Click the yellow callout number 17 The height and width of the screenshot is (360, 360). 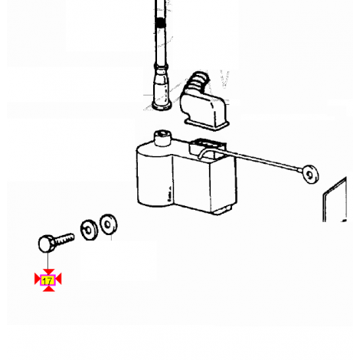point(47,281)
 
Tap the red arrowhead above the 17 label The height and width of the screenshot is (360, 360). point(48,272)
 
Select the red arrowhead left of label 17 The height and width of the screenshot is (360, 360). point(38,279)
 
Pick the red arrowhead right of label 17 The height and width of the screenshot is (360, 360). point(58,279)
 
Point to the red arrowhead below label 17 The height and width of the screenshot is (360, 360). point(48,289)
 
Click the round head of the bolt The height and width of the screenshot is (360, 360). point(46,244)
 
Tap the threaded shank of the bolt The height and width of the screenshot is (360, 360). point(64,239)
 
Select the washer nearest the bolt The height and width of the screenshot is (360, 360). point(89,230)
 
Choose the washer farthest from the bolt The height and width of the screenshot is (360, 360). point(108,224)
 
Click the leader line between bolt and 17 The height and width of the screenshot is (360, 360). point(47,260)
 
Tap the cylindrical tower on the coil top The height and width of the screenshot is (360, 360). point(162,138)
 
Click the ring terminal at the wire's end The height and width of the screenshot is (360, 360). point(309,174)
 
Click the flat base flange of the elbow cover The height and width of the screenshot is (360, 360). point(207,125)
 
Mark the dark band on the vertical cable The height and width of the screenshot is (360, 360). point(161,23)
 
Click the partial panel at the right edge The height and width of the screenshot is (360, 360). point(335,200)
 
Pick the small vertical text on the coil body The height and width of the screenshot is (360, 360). point(169,195)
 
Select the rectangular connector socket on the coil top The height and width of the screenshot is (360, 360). point(207,149)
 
